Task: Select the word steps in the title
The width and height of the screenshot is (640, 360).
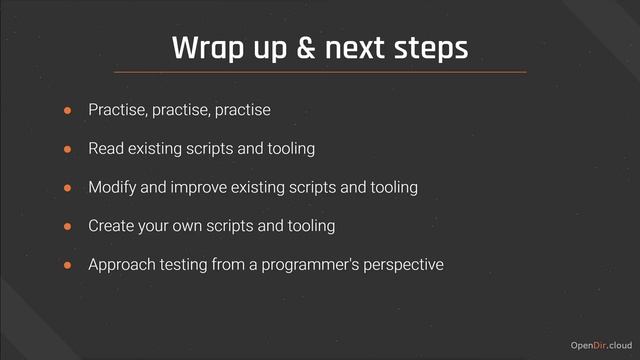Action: point(431,47)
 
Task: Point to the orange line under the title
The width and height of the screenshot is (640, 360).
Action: point(320,72)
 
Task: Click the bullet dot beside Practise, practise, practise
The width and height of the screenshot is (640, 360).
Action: point(69,110)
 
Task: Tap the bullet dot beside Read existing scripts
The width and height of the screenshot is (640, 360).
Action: point(69,149)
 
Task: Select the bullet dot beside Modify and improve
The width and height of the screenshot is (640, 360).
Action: point(69,188)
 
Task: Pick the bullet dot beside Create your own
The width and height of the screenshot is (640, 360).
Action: point(69,227)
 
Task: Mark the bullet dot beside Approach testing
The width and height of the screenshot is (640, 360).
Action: point(69,266)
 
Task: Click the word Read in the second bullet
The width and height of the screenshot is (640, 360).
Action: point(105,149)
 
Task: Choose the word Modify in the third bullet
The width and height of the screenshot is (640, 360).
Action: point(112,188)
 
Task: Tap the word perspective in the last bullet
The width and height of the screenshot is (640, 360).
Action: point(405,266)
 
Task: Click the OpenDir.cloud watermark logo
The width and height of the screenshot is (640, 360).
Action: point(600,345)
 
